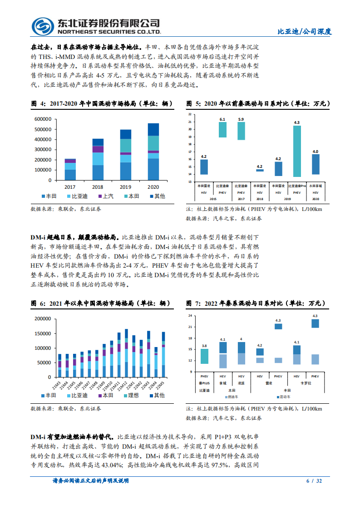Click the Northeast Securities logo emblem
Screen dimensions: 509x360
[x=43, y=27]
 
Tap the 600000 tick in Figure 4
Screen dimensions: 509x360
[x=43, y=119]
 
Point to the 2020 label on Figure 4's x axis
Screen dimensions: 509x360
[x=153, y=186]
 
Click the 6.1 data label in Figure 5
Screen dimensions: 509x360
[x=222, y=119]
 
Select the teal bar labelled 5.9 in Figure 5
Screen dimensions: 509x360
[x=241, y=131]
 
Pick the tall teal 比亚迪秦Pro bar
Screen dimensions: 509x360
[x=297, y=151]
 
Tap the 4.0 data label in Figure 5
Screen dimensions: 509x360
[x=315, y=151]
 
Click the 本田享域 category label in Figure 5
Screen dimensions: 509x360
[x=315, y=186]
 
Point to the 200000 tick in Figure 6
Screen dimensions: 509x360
[x=44, y=318]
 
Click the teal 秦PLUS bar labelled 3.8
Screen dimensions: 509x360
[x=205, y=356]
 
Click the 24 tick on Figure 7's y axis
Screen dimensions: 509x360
[x=191, y=315]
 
